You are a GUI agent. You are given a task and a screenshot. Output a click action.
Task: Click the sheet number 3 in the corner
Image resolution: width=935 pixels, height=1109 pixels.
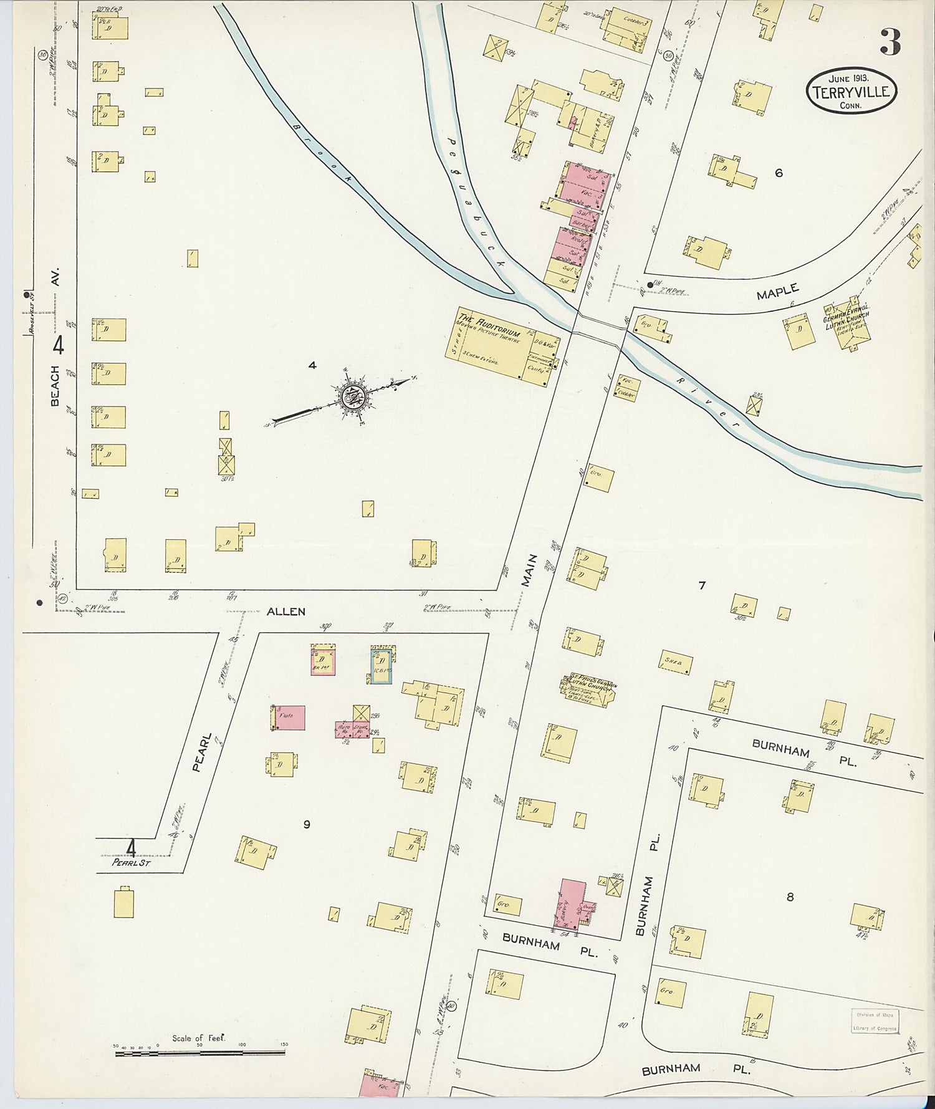point(890,42)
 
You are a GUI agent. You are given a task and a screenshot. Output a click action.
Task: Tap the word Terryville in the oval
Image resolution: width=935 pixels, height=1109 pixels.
point(852,93)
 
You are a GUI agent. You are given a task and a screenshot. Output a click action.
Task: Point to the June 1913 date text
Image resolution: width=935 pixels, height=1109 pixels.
point(849,79)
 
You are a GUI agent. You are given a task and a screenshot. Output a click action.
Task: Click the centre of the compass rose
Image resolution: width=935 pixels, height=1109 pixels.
point(353,394)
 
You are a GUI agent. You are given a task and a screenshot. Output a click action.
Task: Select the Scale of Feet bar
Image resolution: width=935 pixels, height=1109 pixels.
point(199,1054)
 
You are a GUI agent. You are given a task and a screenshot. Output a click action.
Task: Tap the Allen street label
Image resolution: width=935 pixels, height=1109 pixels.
point(286,612)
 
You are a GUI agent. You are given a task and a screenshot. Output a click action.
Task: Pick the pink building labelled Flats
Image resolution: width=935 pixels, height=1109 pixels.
point(289,718)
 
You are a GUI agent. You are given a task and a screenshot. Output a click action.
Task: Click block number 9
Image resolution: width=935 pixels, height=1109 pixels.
point(307,825)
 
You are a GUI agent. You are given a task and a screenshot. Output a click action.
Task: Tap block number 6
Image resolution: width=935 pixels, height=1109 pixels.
point(779,173)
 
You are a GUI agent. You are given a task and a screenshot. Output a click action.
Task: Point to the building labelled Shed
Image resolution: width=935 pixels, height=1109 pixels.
point(674,663)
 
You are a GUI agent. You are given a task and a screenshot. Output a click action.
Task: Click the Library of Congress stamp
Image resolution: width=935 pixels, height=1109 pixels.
point(875,1021)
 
